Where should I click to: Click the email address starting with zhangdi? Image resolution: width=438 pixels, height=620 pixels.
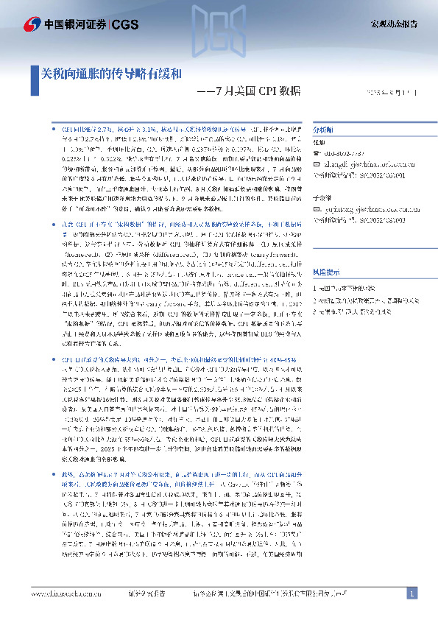pos(369,163)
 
